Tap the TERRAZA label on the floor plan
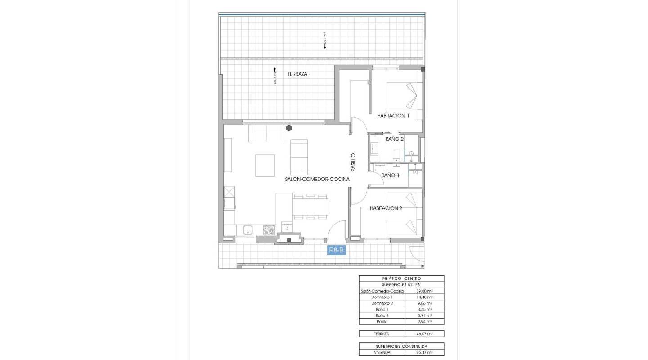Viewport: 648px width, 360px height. coord(297,74)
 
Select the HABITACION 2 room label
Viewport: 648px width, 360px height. coord(386,208)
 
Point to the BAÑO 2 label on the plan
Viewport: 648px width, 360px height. coord(395,139)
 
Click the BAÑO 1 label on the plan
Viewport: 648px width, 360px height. coord(390,175)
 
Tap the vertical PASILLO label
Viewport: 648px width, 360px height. coord(353,162)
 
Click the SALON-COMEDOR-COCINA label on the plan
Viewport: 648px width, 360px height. coord(317,179)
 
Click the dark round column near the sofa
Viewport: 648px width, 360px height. coord(289,128)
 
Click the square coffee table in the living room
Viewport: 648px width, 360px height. coord(265,165)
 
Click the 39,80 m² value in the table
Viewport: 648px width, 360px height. coord(424,291)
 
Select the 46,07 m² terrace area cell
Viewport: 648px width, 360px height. coord(424,334)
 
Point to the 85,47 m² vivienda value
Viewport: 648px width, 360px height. coord(424,353)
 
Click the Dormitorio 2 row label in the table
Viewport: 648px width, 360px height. coord(382,303)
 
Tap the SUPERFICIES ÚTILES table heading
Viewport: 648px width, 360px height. coord(401,285)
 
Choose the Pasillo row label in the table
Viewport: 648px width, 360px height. coord(382,322)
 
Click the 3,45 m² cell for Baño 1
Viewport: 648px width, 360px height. coord(424,310)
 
